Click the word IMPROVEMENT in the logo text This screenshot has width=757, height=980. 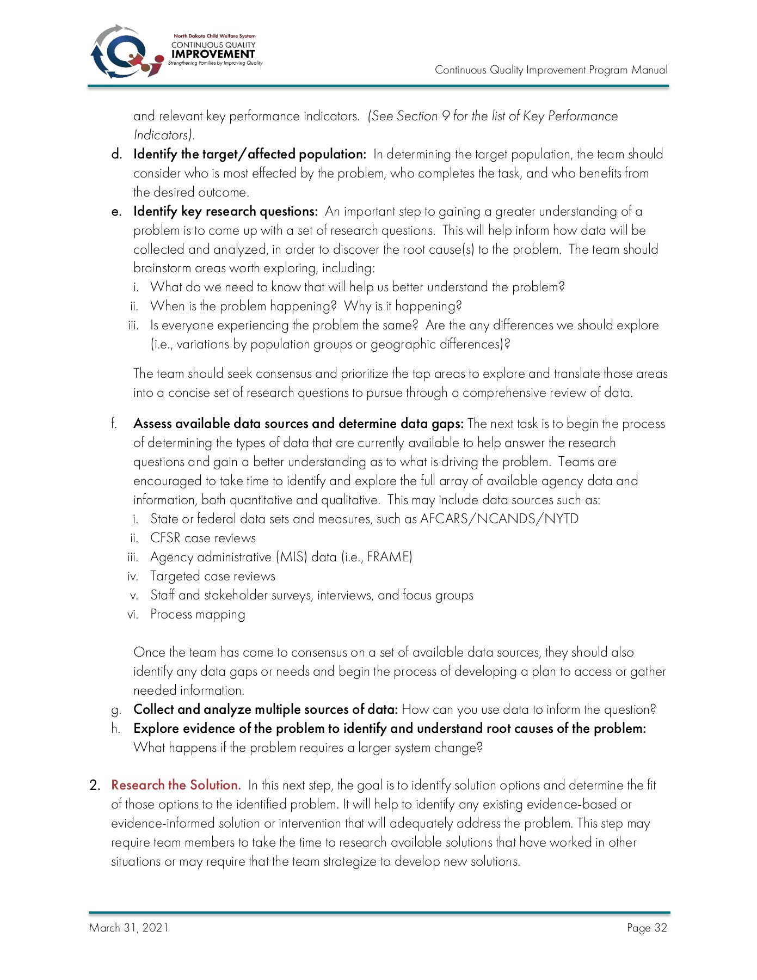[213, 54]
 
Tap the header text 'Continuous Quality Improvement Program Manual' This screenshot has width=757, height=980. [551, 70]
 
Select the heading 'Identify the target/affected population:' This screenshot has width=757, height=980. [250, 154]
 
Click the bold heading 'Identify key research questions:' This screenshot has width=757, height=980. [225, 211]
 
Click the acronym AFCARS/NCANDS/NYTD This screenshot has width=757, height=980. [499, 519]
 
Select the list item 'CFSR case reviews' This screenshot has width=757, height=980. [203, 538]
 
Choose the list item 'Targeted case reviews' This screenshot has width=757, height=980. [213, 576]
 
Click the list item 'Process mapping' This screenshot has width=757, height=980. [198, 614]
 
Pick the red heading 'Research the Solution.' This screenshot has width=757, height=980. [176, 785]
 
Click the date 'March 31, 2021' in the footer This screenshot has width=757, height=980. [129, 928]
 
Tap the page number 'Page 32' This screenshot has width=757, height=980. [647, 928]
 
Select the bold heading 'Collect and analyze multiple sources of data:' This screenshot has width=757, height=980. [266, 709]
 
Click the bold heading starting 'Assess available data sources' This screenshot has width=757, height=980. [298, 424]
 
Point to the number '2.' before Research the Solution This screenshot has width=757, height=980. [95, 786]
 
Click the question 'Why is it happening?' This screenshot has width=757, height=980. [403, 306]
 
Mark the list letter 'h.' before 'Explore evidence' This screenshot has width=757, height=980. [115, 728]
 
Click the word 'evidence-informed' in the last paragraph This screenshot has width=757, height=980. [165, 823]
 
